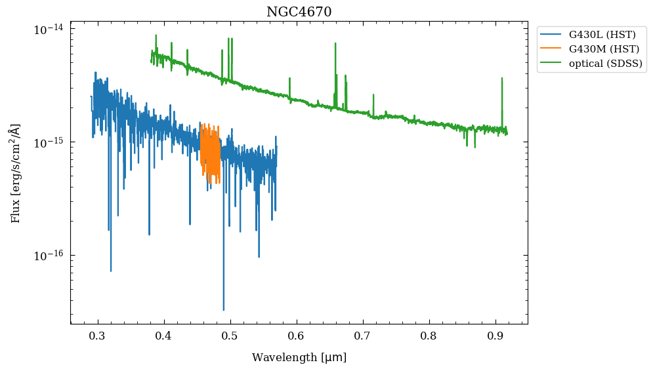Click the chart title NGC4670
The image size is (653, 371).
(299, 12)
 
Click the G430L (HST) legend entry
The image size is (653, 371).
(602, 34)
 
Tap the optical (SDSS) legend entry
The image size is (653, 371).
(606, 64)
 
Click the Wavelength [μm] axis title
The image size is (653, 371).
(299, 358)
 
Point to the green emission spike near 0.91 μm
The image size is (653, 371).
(502, 79)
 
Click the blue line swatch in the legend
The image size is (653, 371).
(552, 34)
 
